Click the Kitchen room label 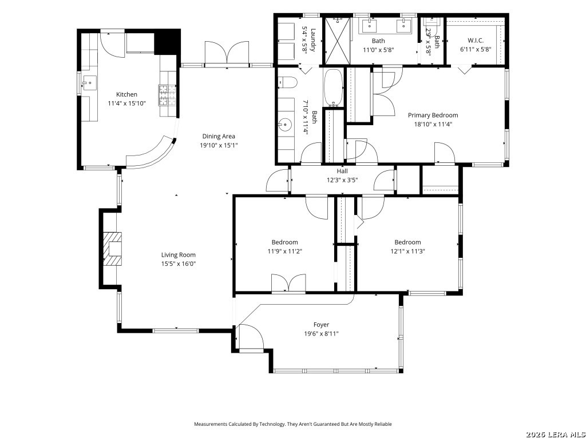pos(126,94)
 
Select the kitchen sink pos(90,82)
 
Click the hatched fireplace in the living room pos(113,249)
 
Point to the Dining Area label pos(219,136)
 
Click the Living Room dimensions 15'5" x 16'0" pos(179,264)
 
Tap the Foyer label pos(321,325)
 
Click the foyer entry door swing pos(251,338)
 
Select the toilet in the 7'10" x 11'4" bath pos(287,82)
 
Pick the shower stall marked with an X pos(336,41)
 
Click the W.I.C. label pos(476,41)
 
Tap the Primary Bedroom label pos(433,115)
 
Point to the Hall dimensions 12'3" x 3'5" pos(342,180)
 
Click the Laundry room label pos(313,41)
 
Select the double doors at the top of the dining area pos(227,54)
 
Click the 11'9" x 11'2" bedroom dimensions pos(285,252)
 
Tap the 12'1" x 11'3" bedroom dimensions pos(407,252)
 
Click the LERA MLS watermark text pos(555,434)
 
